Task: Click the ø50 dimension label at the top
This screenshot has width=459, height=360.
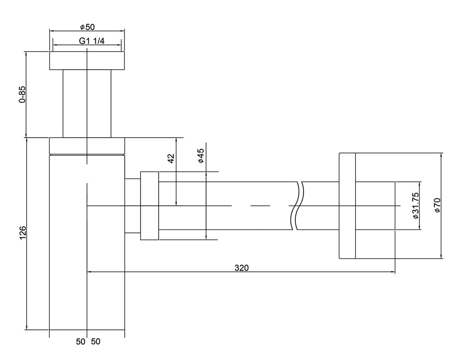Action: tap(87, 27)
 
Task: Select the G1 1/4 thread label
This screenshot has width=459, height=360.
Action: tap(92, 41)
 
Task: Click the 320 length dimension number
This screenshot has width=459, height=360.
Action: tap(241, 268)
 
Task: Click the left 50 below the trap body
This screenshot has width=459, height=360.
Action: tap(80, 342)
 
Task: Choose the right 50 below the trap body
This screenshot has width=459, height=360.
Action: tap(96, 342)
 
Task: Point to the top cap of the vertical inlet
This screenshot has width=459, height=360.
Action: tap(87, 61)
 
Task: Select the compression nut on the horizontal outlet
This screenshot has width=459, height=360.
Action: tap(149, 206)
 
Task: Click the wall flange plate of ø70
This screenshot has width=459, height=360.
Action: tap(347, 206)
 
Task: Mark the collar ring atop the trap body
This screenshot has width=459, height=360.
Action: tap(87, 146)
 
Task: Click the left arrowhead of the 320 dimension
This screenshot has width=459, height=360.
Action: tap(89, 272)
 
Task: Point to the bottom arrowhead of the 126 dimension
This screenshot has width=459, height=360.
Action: tap(27, 328)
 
